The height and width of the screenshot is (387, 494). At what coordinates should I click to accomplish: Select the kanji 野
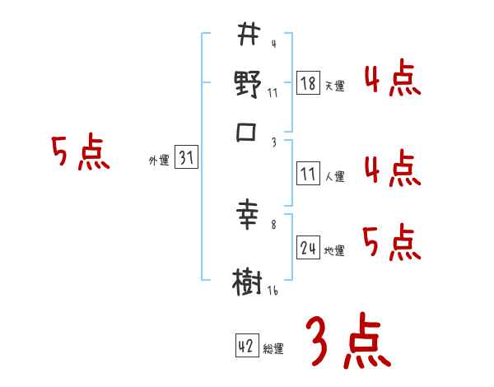[x=248, y=85]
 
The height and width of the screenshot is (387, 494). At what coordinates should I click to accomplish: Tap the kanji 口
[x=248, y=132]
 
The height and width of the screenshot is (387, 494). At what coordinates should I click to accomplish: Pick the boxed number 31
[x=187, y=159]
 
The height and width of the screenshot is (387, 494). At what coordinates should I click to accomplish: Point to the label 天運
[x=334, y=86]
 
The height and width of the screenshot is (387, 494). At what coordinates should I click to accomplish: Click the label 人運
[x=334, y=176]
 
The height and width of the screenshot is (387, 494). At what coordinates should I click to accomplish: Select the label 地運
[x=334, y=250]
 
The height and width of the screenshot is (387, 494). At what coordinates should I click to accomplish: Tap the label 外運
[x=159, y=161]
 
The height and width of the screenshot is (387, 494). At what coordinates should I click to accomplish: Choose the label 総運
[x=273, y=348]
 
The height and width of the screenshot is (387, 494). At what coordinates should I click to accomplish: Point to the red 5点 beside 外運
[x=80, y=153]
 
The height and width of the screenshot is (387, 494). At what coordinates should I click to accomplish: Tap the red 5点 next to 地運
[x=391, y=242]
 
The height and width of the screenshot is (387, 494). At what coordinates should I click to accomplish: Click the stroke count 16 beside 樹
[x=273, y=289]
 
